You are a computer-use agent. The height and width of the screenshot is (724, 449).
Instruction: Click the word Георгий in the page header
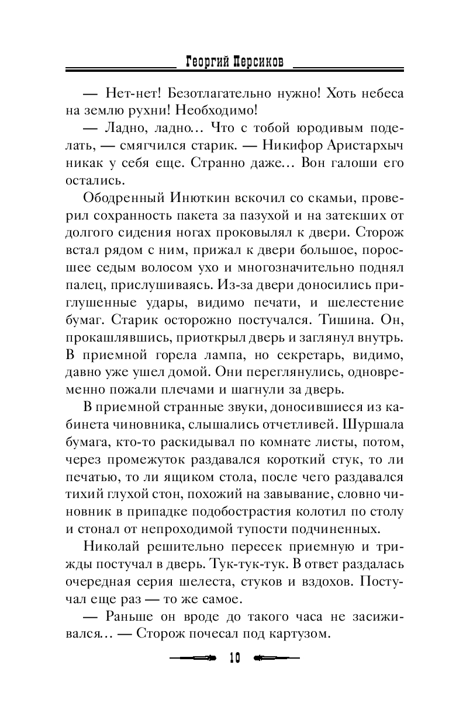(205, 60)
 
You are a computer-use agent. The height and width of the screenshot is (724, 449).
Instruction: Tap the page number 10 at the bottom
(234, 657)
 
